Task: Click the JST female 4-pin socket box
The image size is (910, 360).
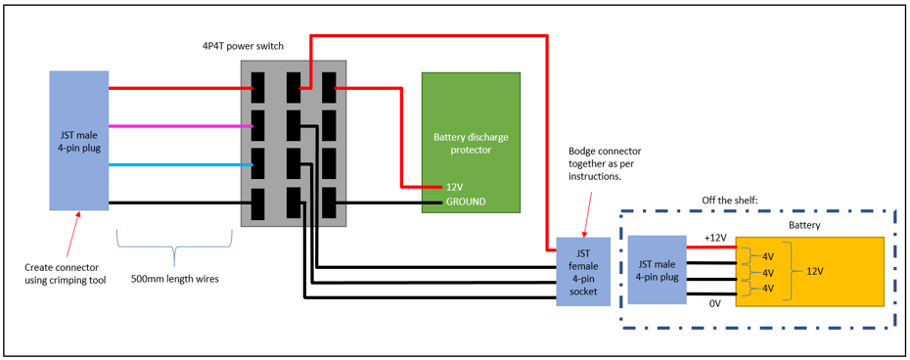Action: pyautogui.click(x=583, y=271)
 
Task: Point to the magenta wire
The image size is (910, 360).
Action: pyautogui.click(x=176, y=125)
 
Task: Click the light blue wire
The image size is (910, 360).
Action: pyautogui.click(x=176, y=164)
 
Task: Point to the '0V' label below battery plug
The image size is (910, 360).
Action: pyautogui.click(x=714, y=303)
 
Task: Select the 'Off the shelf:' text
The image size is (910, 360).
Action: pyautogui.click(x=731, y=200)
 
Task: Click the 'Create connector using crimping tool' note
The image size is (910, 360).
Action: pyautogui.click(x=66, y=273)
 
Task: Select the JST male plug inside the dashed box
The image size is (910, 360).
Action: pyautogui.click(x=657, y=269)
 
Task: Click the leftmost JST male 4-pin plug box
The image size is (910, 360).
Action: pyautogui.click(x=78, y=140)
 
